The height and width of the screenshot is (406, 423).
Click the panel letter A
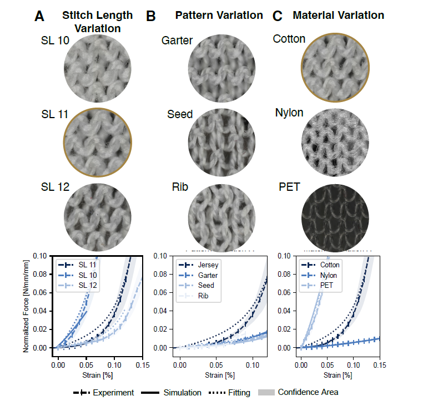tap(39, 16)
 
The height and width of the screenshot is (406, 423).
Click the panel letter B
tap(150, 16)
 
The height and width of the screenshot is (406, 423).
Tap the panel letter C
tap(279, 16)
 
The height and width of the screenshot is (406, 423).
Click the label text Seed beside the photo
tap(180, 115)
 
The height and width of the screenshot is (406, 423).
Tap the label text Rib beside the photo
tap(180, 187)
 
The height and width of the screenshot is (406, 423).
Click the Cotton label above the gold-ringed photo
tap(289, 39)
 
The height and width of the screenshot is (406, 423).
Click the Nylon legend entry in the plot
tap(330, 275)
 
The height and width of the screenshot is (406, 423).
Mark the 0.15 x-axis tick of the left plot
tap(142, 367)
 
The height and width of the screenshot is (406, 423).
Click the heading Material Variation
tap(338, 15)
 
